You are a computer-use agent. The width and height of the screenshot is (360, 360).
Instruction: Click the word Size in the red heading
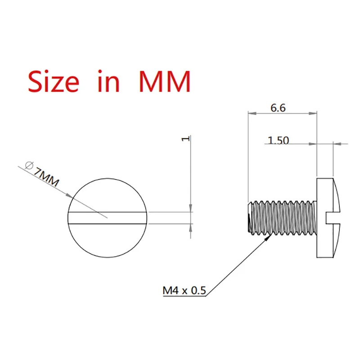point(54,81)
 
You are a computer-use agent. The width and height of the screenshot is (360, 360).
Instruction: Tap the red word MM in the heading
point(165,81)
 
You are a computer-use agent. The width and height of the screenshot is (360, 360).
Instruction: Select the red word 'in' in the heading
point(108,81)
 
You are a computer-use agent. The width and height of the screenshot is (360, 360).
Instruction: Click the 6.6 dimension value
point(278,108)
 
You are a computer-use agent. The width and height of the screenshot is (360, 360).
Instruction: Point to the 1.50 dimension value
point(278,140)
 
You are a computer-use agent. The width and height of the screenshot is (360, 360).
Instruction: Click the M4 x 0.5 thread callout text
point(184,290)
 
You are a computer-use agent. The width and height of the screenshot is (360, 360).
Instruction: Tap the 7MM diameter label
point(46,176)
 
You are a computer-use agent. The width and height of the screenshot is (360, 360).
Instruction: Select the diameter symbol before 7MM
point(29,165)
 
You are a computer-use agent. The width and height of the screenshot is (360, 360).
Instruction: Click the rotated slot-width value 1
point(186,139)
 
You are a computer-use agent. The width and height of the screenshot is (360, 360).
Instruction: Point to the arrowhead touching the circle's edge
point(70,195)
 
